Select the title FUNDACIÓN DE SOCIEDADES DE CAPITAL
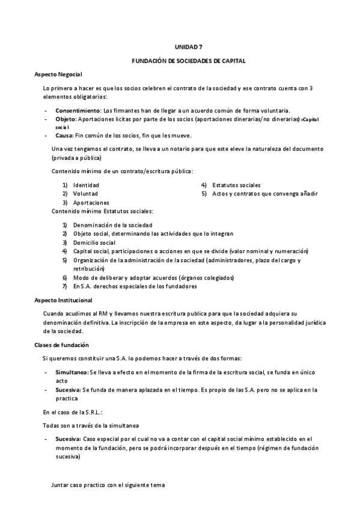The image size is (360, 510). coord(189,61)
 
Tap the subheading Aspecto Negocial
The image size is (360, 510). coord(58,73)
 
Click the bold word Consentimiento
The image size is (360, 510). coord(78,111)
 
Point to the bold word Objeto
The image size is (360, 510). coord(66,119)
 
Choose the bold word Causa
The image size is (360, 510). coord(65,135)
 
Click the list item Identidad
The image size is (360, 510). coord(86,185)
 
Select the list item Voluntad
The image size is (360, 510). coord(85,194)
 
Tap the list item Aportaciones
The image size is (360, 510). coord(91,203)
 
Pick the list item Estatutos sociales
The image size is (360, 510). coord(236,185)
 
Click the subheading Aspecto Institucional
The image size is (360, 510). coord(63,300)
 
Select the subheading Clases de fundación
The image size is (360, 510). coord(61,345)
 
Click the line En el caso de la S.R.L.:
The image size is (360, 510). coord(72,412)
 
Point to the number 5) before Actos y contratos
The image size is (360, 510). coord(204,194)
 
